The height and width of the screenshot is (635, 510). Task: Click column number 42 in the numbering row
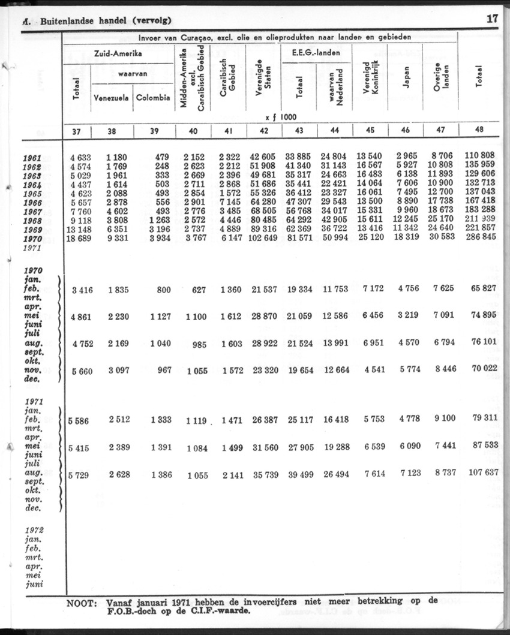pyautogui.click(x=263, y=131)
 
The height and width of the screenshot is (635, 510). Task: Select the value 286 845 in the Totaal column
pyautogui.click(x=480, y=238)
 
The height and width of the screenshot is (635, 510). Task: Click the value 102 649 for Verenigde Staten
pyautogui.click(x=260, y=238)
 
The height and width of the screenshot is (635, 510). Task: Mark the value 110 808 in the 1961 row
pyautogui.click(x=480, y=158)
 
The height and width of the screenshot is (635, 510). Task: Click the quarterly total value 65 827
pyautogui.click(x=483, y=289)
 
